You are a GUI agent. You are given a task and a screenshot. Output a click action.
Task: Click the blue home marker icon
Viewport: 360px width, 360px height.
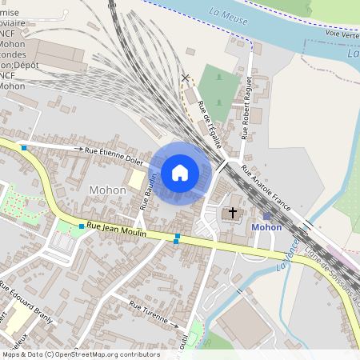[x=180, y=172]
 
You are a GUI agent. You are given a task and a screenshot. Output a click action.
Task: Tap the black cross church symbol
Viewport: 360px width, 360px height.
[x=233, y=213]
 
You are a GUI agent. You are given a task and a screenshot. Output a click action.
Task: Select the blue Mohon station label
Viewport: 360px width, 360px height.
[x=266, y=227]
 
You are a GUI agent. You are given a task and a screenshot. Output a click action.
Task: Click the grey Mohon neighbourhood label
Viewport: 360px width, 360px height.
[x=107, y=190]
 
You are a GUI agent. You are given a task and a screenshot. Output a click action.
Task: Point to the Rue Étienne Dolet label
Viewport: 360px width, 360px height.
[x=114, y=154]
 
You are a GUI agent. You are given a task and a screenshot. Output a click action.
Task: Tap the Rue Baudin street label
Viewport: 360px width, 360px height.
[x=148, y=191]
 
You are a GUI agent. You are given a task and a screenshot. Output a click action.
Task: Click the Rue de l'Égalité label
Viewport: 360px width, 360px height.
[x=208, y=120]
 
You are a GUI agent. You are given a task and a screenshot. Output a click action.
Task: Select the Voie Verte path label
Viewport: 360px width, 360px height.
[x=342, y=34]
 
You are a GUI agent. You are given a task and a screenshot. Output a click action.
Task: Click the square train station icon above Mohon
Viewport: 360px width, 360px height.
[x=266, y=216]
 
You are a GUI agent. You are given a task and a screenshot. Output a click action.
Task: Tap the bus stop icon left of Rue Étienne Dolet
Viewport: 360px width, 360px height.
[x=25, y=148]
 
